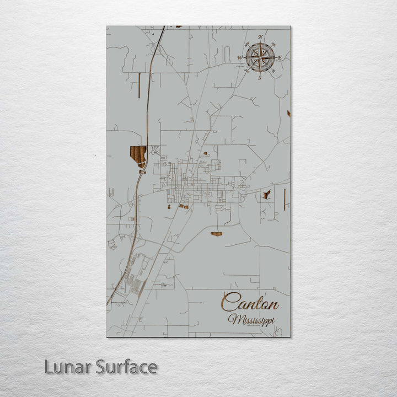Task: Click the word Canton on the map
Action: coord(250,303)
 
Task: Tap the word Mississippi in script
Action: coord(253,319)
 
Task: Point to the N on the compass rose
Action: coord(261,38)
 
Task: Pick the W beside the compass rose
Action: coord(240,57)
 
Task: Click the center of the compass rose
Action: coord(260,57)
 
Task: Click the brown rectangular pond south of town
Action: coord(216,234)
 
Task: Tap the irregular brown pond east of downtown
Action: coord(267,194)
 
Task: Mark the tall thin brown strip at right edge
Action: coord(284,199)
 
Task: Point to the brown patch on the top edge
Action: coord(178,26)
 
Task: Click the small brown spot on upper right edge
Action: coord(288,114)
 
